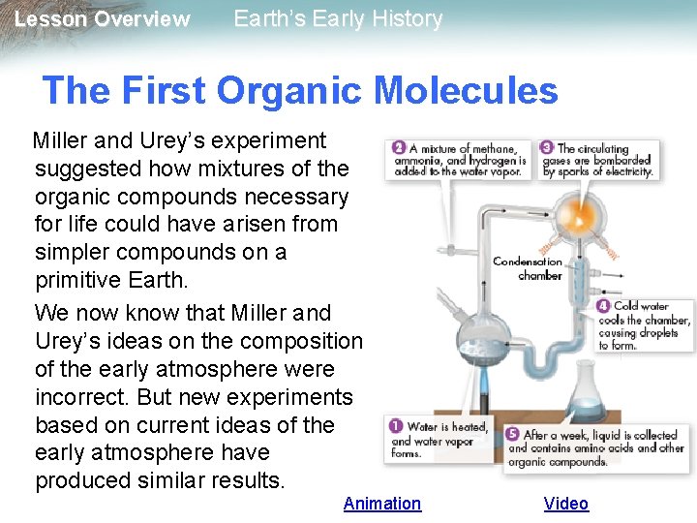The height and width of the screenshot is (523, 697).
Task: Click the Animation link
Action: coord(382,503)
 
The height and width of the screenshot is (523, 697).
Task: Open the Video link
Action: coord(565,503)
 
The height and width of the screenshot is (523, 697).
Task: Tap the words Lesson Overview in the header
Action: coord(103,19)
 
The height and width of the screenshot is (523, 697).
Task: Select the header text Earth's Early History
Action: coord(338,18)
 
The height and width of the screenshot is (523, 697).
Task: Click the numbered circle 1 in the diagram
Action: coord(395,426)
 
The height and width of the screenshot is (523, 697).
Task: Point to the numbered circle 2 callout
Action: coord(399,147)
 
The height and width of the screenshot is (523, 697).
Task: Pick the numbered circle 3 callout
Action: coord(547,147)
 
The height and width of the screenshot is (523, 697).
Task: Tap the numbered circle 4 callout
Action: coord(603,307)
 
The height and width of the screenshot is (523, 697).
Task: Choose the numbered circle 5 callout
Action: coord(511,435)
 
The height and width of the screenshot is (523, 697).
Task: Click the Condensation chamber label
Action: coord(528,268)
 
